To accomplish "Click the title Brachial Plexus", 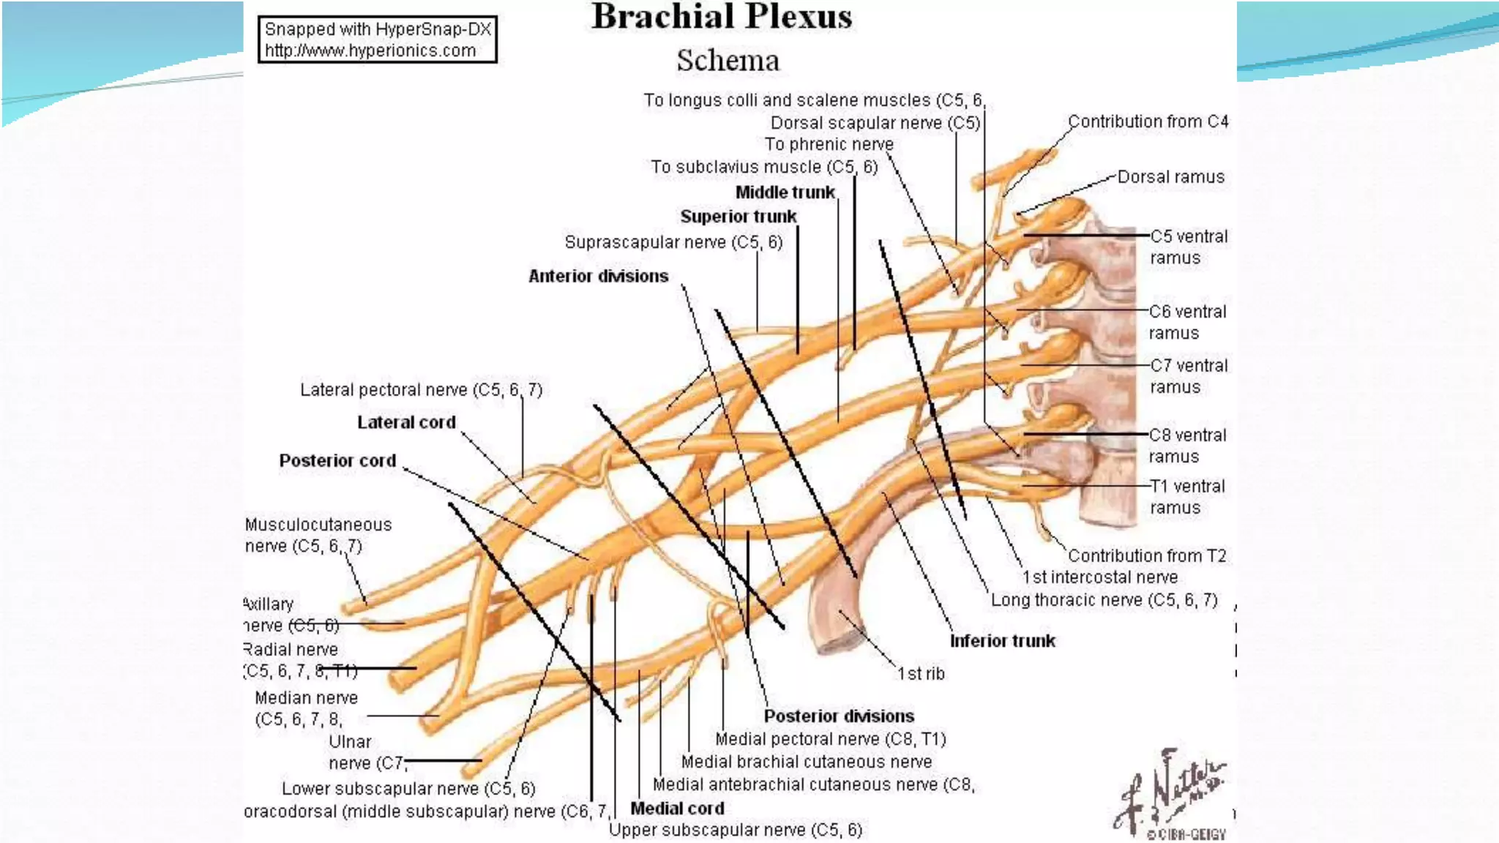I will (x=721, y=18).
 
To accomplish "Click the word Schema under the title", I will (x=728, y=61).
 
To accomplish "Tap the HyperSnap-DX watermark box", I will (x=377, y=40).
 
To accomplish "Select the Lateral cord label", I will (x=406, y=422).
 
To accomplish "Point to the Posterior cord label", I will (x=337, y=461).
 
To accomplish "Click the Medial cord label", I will (x=677, y=809).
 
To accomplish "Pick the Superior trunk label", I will (x=738, y=217).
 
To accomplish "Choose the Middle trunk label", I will (x=785, y=192).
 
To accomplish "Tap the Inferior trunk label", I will (x=1002, y=641).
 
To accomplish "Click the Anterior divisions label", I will (x=598, y=277).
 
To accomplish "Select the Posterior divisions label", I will (x=839, y=716).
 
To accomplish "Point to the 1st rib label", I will (x=921, y=674).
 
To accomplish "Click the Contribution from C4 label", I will (x=1147, y=121).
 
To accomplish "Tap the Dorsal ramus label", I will (x=1170, y=177).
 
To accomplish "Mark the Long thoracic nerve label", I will (x=1104, y=601).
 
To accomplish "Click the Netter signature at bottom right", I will (x=1171, y=794).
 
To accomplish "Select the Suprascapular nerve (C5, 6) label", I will (x=673, y=242).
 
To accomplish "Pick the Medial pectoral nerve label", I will (x=830, y=739).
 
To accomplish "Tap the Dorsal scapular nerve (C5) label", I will (x=875, y=123).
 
